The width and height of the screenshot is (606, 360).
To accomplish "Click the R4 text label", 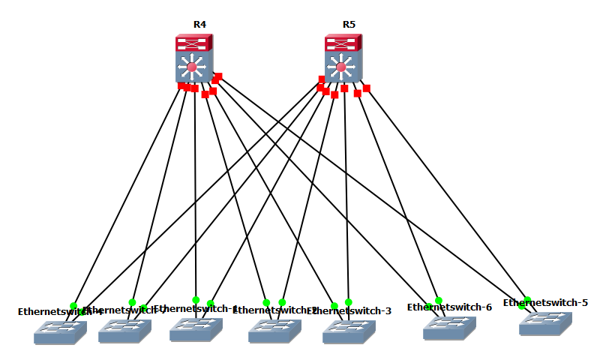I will (x=199, y=24).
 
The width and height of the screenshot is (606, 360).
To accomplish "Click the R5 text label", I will (x=349, y=24).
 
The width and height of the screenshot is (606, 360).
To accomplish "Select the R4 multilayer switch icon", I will (x=194, y=60).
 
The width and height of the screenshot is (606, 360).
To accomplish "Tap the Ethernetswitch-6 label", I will (x=449, y=307).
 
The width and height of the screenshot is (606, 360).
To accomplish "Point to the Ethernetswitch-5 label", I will (x=545, y=302).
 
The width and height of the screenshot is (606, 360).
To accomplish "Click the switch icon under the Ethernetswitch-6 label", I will (x=450, y=328).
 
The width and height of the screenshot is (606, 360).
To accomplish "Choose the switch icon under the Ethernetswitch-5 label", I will (x=545, y=323).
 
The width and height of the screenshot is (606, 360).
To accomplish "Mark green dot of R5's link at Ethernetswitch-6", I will (x=439, y=301).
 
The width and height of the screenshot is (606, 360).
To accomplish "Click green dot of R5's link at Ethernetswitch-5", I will (x=528, y=300).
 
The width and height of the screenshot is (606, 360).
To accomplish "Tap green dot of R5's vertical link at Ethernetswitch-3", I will (x=349, y=302).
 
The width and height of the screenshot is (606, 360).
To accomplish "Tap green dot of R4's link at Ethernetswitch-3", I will (x=334, y=306).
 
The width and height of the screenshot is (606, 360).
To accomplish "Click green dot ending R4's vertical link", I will (x=196, y=300).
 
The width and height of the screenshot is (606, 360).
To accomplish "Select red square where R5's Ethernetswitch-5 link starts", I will (x=367, y=88).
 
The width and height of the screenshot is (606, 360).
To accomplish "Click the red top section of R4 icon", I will (x=194, y=43).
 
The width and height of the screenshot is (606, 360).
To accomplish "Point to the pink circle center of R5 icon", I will (x=341, y=67).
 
